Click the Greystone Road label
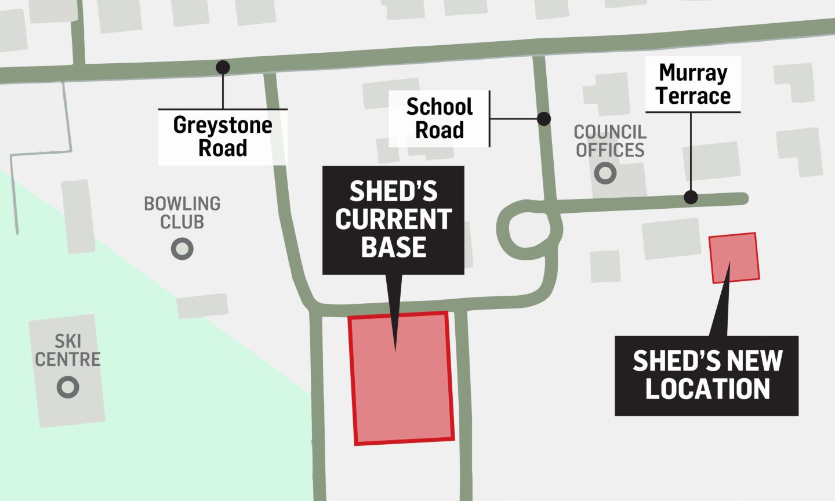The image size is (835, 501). pyautogui.click(x=223, y=137)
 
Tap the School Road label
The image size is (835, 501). pyautogui.click(x=440, y=118)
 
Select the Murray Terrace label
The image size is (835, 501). pyautogui.click(x=693, y=85)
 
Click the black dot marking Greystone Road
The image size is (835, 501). pyautogui.click(x=223, y=67)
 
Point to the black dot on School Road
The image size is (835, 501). pyautogui.click(x=543, y=119)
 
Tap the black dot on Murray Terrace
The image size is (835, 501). pyautogui.click(x=690, y=197)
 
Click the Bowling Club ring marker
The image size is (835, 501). pyautogui.click(x=182, y=249)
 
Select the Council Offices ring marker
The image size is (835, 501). pyautogui.click(x=605, y=173)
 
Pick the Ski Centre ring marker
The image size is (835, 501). pyautogui.click(x=68, y=387)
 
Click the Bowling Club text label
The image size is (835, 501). pyautogui.click(x=182, y=213)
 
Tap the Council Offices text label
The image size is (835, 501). pyautogui.click(x=610, y=141)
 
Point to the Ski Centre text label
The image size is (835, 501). pyautogui.click(x=68, y=350)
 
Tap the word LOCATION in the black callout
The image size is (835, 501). pyautogui.click(x=707, y=389)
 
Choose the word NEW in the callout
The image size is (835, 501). pyautogui.click(x=754, y=361)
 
